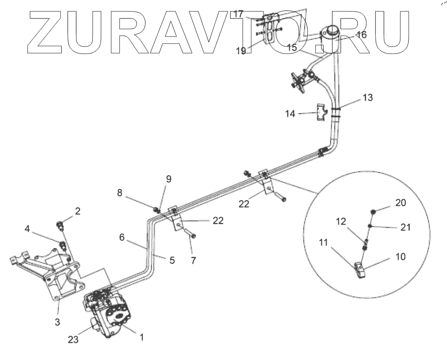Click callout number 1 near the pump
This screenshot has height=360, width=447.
pyautogui.click(x=142, y=336)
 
